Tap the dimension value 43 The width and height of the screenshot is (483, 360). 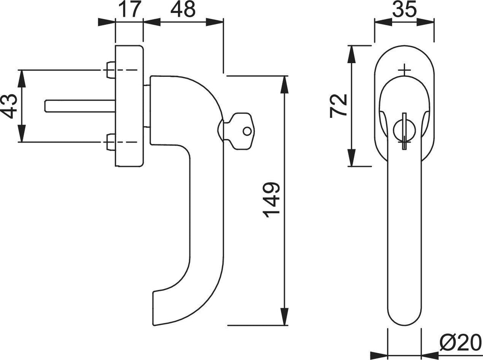coord(9,106)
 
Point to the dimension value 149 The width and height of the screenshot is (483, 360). coord(271,200)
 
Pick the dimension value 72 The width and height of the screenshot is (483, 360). coord(339,106)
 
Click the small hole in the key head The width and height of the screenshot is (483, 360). coord(247,131)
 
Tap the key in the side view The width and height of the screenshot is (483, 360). coord(239,131)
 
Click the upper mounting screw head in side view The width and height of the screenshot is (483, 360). coord(111,70)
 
